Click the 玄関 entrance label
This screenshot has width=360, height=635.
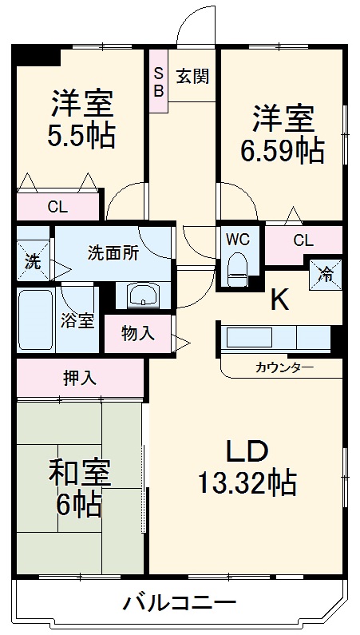pos(192,77)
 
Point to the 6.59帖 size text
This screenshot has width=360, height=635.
pos(283,149)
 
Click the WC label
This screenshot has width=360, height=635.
pos(237,240)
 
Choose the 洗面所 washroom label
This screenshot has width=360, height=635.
pos(113,249)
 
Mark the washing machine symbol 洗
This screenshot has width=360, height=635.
pos(33,260)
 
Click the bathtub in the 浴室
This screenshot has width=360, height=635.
pos(39,318)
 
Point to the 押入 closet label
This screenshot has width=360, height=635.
pos(80,378)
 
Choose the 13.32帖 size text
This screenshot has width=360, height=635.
pos(247,482)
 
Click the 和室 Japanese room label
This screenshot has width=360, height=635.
pos(81,474)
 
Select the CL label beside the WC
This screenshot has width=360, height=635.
pos(303,240)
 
